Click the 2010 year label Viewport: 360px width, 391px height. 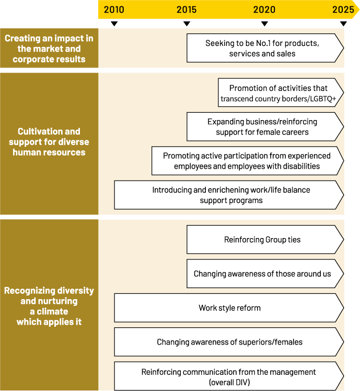114,9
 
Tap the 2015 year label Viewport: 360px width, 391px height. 187,9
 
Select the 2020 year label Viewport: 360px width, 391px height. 264,9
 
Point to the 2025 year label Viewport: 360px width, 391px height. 343,9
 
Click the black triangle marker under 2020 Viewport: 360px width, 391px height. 264,23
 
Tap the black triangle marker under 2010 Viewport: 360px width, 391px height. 114,23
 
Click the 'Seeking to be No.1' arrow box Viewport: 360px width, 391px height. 262,48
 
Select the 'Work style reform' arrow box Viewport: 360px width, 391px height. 229,307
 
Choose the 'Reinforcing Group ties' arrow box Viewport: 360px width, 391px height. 262,240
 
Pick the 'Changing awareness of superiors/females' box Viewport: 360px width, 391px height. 229,342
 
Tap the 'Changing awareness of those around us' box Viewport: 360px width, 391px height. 262,274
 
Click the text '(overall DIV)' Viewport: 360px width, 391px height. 229,382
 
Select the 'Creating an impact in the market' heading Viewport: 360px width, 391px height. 49,49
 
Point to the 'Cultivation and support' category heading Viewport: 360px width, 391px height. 49,142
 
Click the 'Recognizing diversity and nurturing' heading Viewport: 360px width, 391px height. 49,306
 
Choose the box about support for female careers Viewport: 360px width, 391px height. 262,127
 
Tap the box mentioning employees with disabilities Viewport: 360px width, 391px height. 247,161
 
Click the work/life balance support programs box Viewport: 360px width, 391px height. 229,195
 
